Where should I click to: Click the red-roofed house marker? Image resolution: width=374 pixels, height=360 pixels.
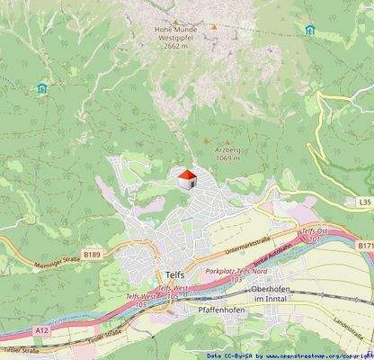coord(186,179)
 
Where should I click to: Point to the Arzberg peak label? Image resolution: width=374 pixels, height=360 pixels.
coord(228,153)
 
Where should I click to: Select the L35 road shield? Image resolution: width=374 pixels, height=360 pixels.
coord(362,203)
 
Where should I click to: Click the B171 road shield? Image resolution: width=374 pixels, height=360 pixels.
coord(363,245)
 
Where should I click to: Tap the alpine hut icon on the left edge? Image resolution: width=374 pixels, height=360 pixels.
coord(41,87)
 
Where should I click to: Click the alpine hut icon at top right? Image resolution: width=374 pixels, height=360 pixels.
coord(310,30)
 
